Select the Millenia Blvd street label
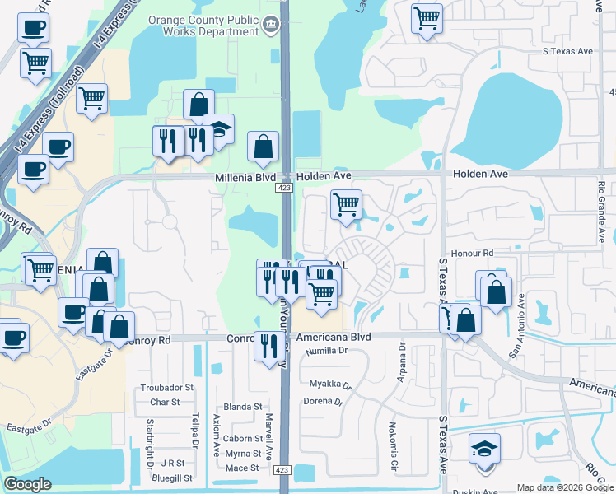tap(244, 177)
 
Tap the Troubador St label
tap(166, 387)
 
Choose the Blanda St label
tap(242, 407)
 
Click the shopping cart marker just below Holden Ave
tap(347, 203)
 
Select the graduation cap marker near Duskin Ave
tap(485, 449)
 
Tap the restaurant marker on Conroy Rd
tap(268, 345)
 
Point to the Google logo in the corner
tap(27, 484)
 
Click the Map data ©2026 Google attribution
tap(565, 487)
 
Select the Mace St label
tap(242, 468)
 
